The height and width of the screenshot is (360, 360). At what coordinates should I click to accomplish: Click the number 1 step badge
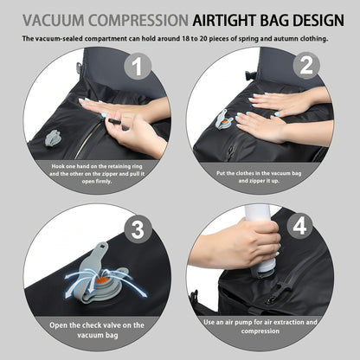(138, 66)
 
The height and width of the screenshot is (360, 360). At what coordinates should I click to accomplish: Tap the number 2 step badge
(306, 66)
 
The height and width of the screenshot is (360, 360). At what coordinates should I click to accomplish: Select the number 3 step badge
(138, 229)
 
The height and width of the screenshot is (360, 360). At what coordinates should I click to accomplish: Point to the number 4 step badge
(299, 226)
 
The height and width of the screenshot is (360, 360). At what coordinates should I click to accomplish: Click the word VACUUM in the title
(54, 21)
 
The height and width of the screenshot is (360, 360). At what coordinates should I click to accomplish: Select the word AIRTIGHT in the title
(223, 21)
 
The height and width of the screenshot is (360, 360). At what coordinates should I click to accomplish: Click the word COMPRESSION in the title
(138, 21)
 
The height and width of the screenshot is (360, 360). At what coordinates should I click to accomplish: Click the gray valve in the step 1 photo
(52, 138)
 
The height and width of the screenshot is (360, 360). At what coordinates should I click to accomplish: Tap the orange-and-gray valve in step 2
(224, 119)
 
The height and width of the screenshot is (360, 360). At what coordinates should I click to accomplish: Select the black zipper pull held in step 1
(115, 122)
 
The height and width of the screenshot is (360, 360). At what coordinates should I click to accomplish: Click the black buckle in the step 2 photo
(249, 75)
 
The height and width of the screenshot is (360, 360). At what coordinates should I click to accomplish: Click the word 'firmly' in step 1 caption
(104, 182)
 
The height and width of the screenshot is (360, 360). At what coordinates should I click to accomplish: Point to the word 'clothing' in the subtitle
(314, 39)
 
